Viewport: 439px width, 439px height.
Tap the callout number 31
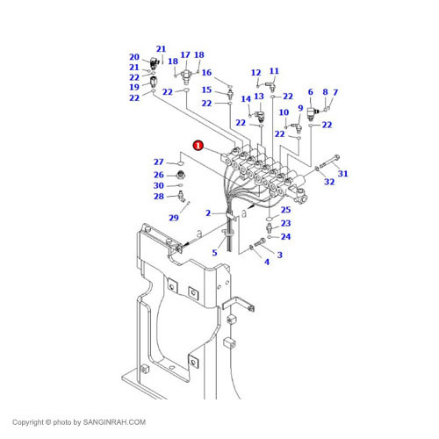click(x=342, y=174)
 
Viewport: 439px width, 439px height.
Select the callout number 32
click(x=329, y=183)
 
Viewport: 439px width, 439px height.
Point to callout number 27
click(x=159, y=162)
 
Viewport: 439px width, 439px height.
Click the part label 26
click(x=159, y=174)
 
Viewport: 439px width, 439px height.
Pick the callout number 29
click(x=174, y=217)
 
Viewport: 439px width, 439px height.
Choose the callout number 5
click(x=213, y=253)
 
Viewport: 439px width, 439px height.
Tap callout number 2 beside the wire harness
click(x=208, y=213)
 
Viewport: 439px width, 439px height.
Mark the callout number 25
click(x=285, y=210)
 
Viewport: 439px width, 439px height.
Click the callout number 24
click(x=285, y=236)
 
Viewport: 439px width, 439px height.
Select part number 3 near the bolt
click(x=279, y=255)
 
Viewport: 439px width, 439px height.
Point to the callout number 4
click(x=267, y=262)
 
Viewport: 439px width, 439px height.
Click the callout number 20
click(x=134, y=57)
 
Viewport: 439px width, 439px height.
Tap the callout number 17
click(x=185, y=54)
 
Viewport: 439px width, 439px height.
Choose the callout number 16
click(x=206, y=73)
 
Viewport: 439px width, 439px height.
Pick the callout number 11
click(x=274, y=71)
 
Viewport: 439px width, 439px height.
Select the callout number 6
click(x=310, y=92)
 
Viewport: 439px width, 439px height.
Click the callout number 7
click(x=335, y=92)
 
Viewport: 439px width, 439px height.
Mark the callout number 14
click(x=246, y=99)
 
